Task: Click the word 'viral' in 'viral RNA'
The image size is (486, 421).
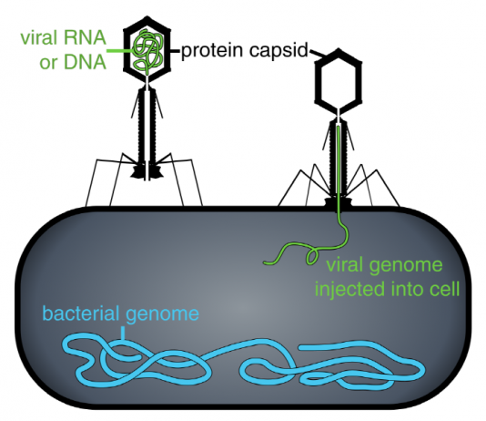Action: click(39, 38)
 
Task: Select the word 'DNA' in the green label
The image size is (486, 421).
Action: click(86, 62)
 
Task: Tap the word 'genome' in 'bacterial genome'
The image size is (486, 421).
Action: click(162, 315)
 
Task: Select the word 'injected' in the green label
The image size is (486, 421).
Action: click(349, 290)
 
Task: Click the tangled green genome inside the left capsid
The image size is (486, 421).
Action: click(147, 49)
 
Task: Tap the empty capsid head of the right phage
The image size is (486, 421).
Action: click(339, 80)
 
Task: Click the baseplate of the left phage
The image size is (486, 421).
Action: click(147, 171)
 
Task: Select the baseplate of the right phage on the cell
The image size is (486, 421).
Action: click(338, 202)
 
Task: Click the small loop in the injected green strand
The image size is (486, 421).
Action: click(312, 256)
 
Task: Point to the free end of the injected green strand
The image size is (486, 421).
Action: click(265, 263)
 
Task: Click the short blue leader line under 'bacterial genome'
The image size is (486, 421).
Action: click(124, 334)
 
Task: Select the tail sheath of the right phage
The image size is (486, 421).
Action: click(339, 159)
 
